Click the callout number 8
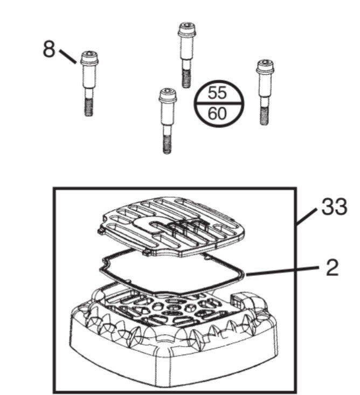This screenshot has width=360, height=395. pyautogui.click(x=49, y=49)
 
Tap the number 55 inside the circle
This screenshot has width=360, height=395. pyautogui.click(x=217, y=93)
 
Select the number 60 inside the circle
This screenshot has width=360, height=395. pyautogui.click(x=217, y=113)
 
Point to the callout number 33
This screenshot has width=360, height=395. pyautogui.click(x=334, y=206)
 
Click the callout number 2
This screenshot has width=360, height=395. pyautogui.click(x=332, y=267)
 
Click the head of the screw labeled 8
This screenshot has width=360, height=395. pyautogui.click(x=89, y=58)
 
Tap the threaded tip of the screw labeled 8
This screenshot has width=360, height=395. pyautogui.click(x=89, y=107)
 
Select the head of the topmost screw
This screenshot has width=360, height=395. pyautogui.click(x=187, y=30)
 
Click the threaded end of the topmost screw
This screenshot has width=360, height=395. pyautogui.click(x=186, y=79)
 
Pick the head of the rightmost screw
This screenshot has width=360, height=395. pyautogui.click(x=266, y=67)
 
